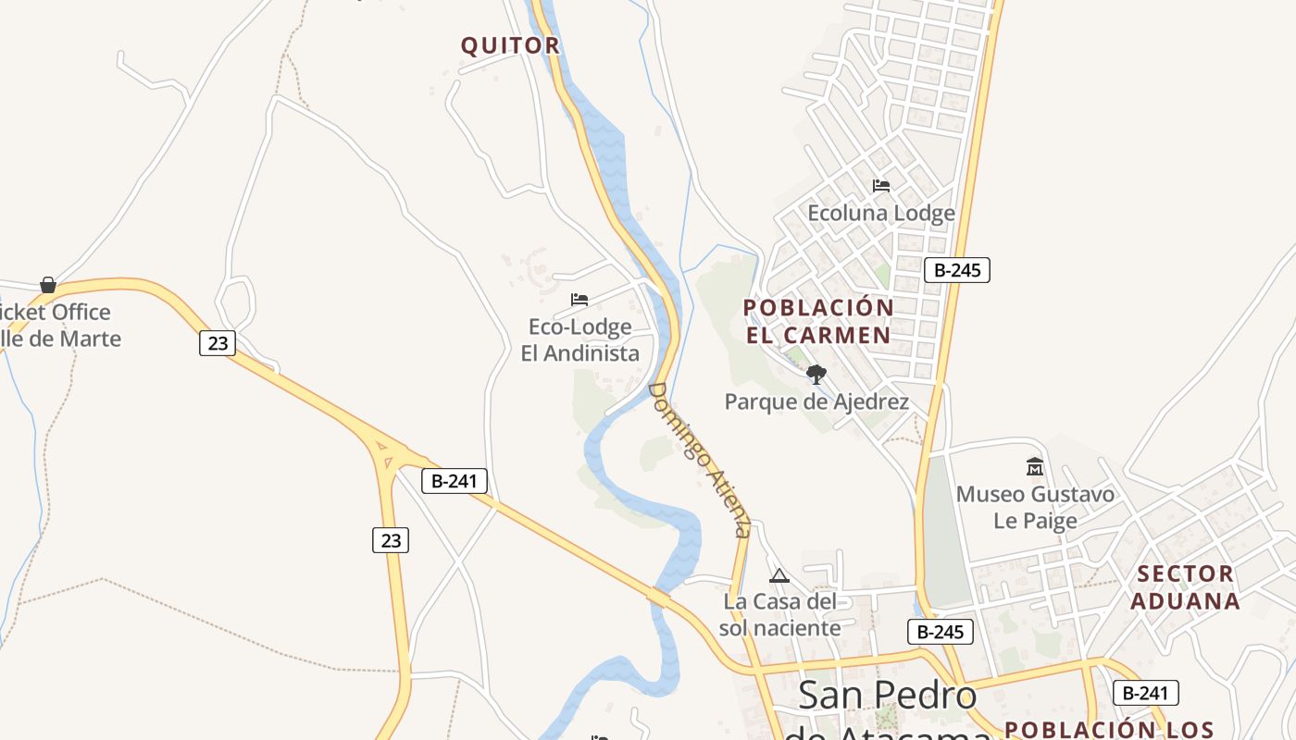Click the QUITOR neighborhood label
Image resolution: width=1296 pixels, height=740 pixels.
tap(510, 45)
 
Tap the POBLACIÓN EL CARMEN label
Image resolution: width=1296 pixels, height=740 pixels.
tap(818, 321)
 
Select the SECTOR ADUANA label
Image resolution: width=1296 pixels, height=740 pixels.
tap(1186, 587)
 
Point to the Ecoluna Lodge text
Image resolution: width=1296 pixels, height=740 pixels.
tap(881, 214)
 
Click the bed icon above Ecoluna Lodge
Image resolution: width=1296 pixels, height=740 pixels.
tap(881, 186)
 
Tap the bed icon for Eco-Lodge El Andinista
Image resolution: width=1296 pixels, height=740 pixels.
tap(579, 300)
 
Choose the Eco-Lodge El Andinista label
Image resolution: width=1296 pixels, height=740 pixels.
tap(579, 339)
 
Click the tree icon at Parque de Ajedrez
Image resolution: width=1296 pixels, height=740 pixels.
tap(816, 375)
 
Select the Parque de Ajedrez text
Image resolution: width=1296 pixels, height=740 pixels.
tap(816, 401)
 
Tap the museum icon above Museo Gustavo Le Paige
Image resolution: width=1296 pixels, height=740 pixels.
tap(1035, 467)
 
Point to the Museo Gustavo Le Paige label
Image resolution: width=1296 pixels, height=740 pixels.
tap(1035, 507)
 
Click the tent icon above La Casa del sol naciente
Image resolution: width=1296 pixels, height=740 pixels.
tap(779, 576)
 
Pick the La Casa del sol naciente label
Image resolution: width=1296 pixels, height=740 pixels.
tap(780, 615)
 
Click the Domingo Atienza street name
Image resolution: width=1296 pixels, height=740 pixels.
tap(698, 459)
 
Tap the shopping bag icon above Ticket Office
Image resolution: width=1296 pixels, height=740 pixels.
tap(48, 285)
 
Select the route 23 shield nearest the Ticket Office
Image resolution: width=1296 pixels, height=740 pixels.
tap(218, 343)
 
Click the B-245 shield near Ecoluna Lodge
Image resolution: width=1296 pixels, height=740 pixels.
tap(957, 270)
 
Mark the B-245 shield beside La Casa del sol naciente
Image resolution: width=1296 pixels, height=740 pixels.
tap(941, 632)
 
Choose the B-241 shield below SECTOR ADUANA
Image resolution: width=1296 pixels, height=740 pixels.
tap(1145, 693)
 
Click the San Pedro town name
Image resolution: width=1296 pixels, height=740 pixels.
tap(887, 696)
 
